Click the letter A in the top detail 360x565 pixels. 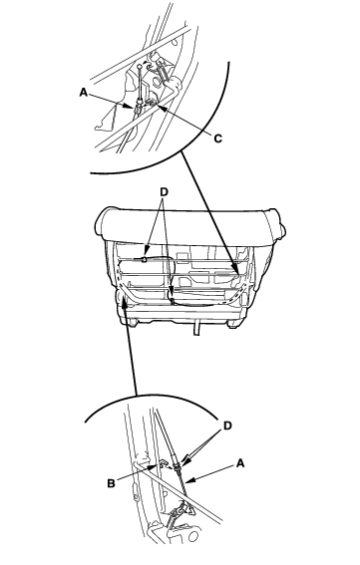pos(84,93)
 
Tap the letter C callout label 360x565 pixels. pos(217,139)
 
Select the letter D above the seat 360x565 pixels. pos(164,192)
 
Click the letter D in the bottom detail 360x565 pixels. pos(227,425)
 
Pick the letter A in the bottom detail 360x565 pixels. pos(240,463)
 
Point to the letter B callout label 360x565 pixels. pos(111,483)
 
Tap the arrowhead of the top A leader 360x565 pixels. pos(132,107)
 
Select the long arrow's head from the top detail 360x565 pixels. pos(236,272)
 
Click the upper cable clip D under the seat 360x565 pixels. pos(144,259)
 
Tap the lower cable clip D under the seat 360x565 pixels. pos(173,299)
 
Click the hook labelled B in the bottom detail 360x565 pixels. pos(163,462)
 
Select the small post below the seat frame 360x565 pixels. pos(195,329)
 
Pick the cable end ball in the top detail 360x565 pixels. pos(140,67)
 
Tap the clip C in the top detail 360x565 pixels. pos(153,103)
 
